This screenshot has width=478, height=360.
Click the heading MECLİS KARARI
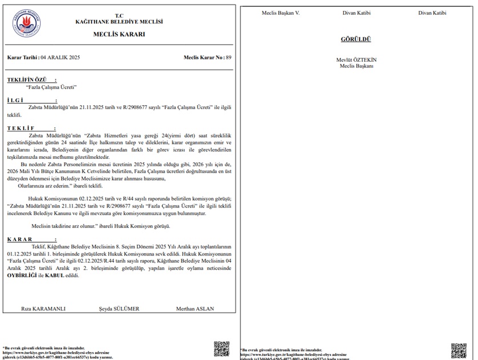coord(119,34)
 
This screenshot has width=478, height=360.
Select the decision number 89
coord(228,58)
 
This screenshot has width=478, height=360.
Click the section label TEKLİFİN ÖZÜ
coord(31,79)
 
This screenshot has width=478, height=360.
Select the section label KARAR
coord(21,239)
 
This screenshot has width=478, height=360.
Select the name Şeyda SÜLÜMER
coord(119,309)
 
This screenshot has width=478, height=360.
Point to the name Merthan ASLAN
coord(195,309)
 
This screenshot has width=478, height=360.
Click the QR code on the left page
coord(221,349)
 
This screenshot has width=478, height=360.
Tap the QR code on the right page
coord(458,350)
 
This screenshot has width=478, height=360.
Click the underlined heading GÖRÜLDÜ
coord(356,39)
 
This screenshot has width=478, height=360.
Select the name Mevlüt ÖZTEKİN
coord(356,60)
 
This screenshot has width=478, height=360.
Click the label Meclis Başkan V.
coord(280,13)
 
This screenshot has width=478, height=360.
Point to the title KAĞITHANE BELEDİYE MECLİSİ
coord(119,22)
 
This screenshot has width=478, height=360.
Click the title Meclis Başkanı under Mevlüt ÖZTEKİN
coord(356,66)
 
